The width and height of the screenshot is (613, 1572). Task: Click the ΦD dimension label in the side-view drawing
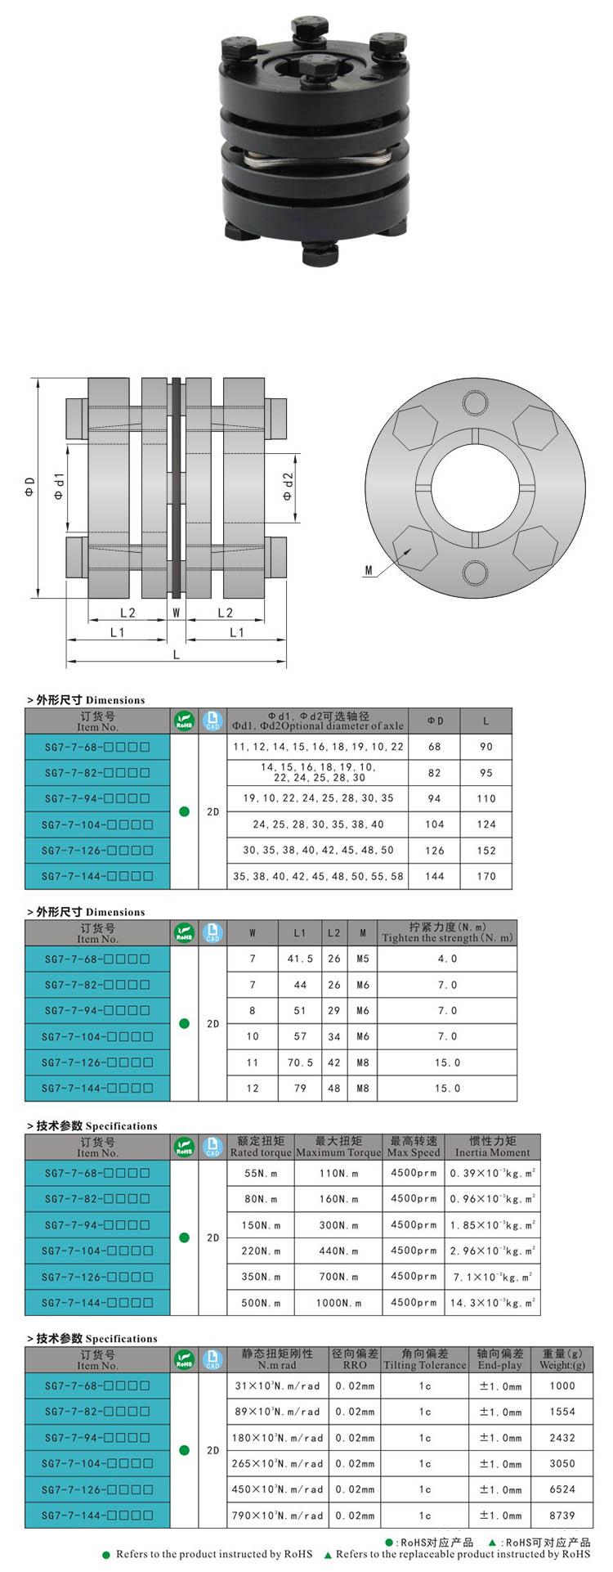coord(29,487)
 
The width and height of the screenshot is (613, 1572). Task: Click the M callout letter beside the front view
coord(369,570)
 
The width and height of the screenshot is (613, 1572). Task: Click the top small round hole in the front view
coord(474,402)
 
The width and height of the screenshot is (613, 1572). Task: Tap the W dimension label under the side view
coord(176,612)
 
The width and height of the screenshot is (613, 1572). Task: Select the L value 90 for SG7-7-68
coord(485,747)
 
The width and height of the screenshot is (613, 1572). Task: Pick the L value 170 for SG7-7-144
coord(485,876)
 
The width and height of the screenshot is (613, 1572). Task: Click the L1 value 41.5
coord(300,959)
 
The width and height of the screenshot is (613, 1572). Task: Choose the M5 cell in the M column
coord(362,959)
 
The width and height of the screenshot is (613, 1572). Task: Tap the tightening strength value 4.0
coord(447,959)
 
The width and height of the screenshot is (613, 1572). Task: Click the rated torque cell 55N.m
coord(260,1173)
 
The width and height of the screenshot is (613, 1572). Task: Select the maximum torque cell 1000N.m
coord(338,1303)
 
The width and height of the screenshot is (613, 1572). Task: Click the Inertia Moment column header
coord(492,1146)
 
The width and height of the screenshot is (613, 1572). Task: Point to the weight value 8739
coord(562,1516)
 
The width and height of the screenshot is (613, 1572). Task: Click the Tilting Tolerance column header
coord(424,1359)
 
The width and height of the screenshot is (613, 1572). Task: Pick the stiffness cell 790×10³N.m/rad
coord(277,1516)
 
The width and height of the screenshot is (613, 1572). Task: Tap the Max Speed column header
coord(414,1146)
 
